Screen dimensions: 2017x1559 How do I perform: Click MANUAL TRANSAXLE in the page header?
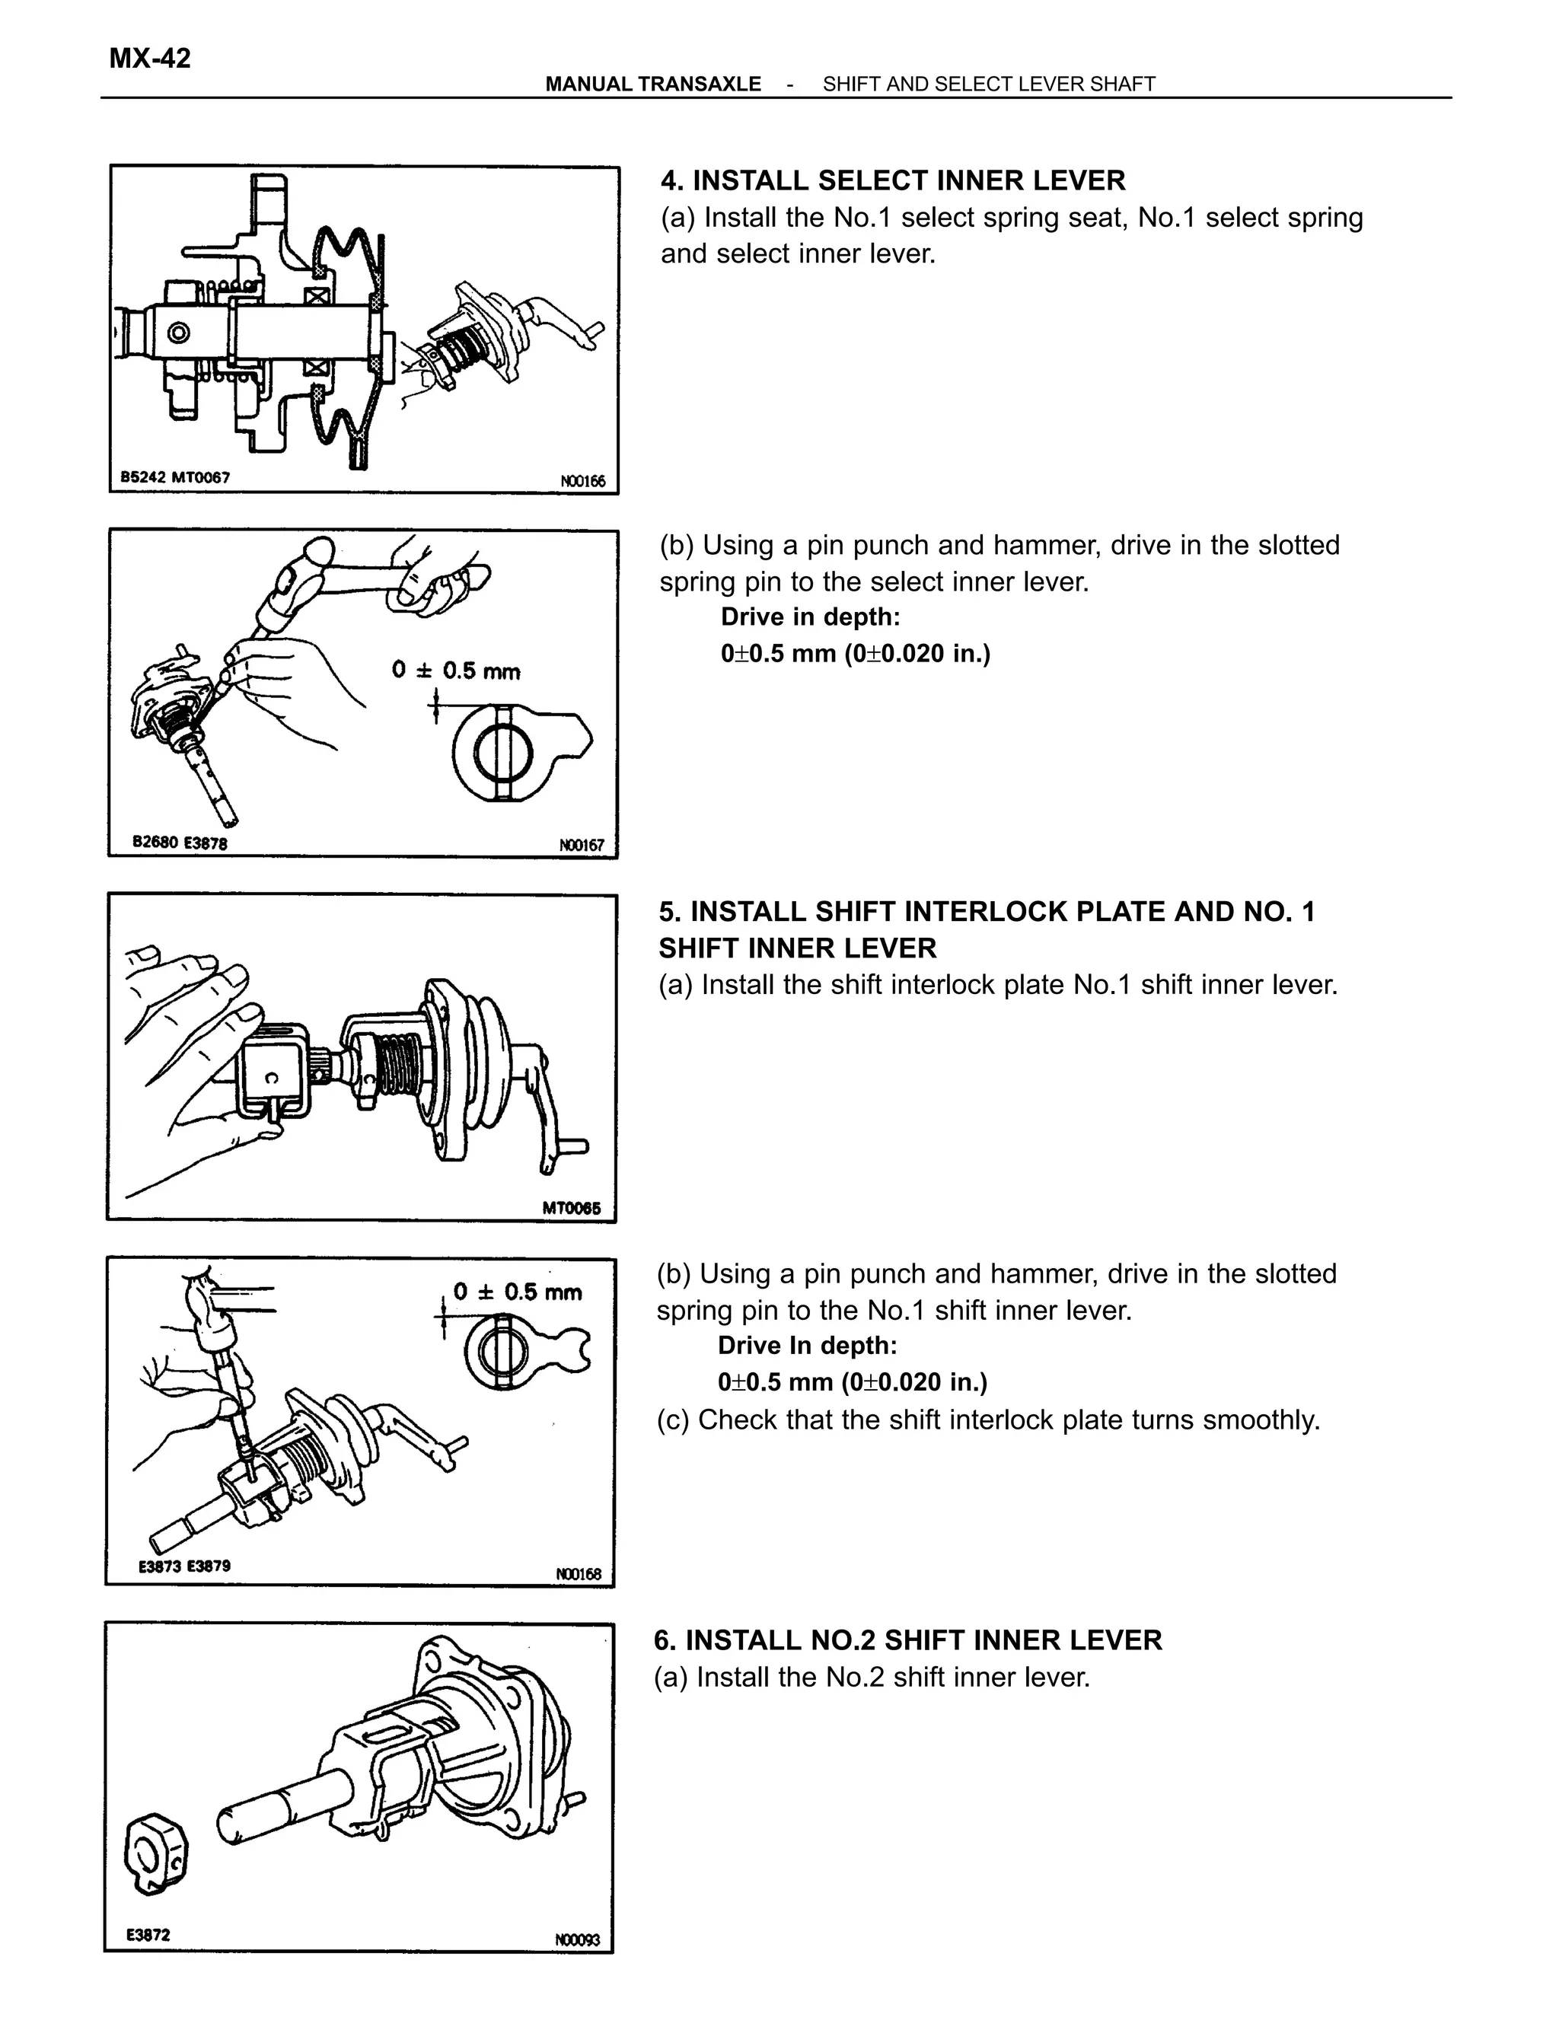pyautogui.click(x=653, y=84)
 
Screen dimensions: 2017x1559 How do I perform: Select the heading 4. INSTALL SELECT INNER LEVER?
pyautogui.click(x=893, y=180)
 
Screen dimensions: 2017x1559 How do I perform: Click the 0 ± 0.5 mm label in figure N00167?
pyautogui.click(x=456, y=671)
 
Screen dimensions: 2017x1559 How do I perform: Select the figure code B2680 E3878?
pyautogui.click(x=180, y=843)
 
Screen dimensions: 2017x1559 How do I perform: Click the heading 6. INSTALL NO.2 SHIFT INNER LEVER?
pyautogui.click(x=908, y=1640)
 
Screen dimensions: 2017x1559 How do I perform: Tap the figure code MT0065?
pyautogui.click(x=571, y=1207)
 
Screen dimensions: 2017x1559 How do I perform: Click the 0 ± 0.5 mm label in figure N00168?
pyautogui.click(x=518, y=1292)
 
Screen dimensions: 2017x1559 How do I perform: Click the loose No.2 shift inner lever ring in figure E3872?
pyautogui.click(x=155, y=1854)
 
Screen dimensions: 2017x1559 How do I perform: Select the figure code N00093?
pyautogui.click(x=577, y=1939)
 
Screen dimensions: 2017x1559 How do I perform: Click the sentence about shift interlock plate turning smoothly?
pyautogui.click(x=988, y=1420)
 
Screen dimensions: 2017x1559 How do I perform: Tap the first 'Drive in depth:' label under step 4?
pyautogui.click(x=810, y=617)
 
